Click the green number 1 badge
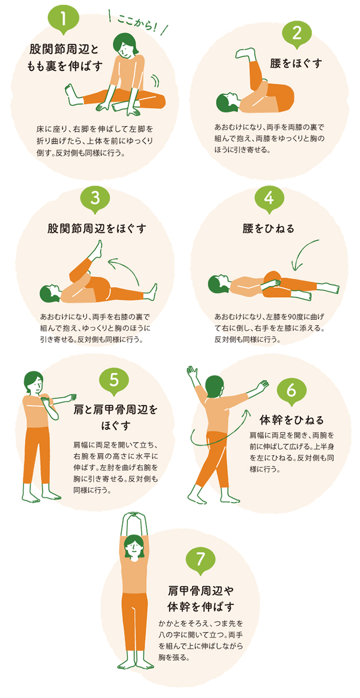[x=63, y=19]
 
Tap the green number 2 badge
[x=297, y=33]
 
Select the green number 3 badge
[x=95, y=198]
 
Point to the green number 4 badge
[x=269, y=198]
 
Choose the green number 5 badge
[x=114, y=380]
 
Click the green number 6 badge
[x=291, y=391]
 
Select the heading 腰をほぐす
[x=296, y=63]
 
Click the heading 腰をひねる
[x=268, y=228]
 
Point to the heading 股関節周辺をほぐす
[x=97, y=228]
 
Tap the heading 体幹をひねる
[x=292, y=420]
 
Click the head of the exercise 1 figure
[x=125, y=45]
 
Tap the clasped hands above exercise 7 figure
[x=134, y=514]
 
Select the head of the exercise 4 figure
[x=219, y=284]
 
